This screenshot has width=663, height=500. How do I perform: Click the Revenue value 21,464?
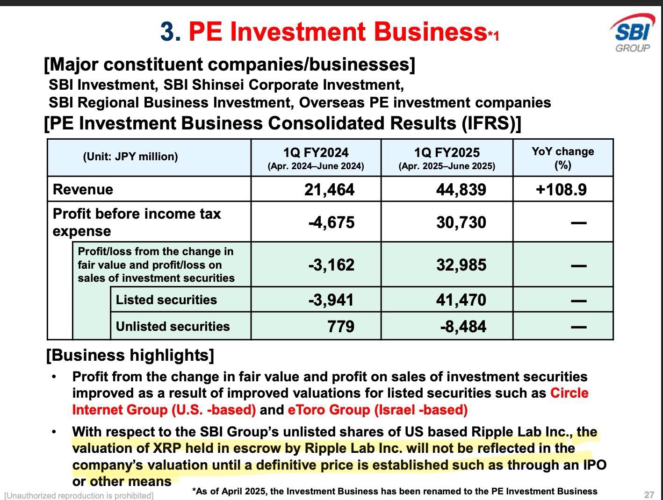click(329, 189)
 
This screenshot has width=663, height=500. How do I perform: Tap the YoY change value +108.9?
click(561, 189)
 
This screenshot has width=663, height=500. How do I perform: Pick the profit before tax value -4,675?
click(331, 222)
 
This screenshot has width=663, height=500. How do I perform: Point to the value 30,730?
click(461, 222)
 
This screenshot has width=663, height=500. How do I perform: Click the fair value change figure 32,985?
click(461, 264)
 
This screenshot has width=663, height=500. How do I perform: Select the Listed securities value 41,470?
click(461, 300)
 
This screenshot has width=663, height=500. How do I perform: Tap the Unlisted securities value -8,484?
click(463, 326)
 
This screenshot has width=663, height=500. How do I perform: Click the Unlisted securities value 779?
click(340, 326)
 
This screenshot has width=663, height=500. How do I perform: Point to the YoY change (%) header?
click(562, 157)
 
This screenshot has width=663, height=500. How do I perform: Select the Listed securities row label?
click(166, 300)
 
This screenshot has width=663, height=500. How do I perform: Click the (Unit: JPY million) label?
click(130, 157)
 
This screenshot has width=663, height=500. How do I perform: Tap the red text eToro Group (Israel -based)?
click(377, 410)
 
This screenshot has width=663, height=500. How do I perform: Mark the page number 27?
click(649, 495)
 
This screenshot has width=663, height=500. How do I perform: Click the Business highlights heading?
click(130, 355)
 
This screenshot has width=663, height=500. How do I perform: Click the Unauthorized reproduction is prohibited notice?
click(79, 495)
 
